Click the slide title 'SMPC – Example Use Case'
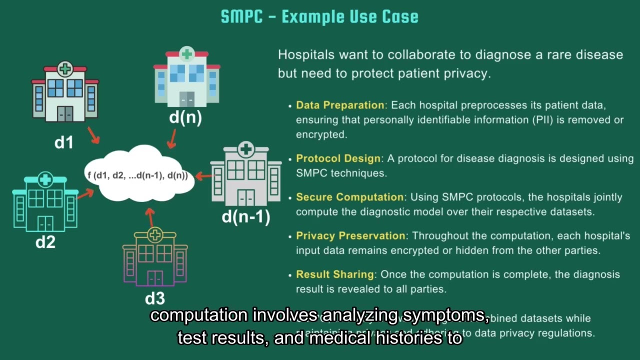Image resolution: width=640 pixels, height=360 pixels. point(319,16)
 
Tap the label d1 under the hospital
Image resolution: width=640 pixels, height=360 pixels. point(64,142)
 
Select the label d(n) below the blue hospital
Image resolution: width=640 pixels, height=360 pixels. point(185,118)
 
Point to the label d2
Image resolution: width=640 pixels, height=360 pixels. point(45,242)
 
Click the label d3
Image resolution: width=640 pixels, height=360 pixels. point(154,298)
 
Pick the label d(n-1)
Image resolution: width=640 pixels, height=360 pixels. point(245,216)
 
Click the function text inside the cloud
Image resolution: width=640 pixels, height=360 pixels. point(137,175)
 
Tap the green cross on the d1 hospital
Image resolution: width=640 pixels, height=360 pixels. point(64,68)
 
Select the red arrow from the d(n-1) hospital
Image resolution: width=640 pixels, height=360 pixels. point(203,175)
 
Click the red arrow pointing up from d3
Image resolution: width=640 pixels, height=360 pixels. point(149,217)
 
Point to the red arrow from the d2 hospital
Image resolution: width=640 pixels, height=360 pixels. point(85,193)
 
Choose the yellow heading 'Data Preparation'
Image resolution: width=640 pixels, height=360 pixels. point(340,105)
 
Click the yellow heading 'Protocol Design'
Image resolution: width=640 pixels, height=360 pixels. point(338,158)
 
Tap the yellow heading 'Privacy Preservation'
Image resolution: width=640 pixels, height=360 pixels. point(350,235)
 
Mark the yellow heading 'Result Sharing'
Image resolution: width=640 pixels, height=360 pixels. point(334,274)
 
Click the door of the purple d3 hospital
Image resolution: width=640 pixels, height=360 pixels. point(155,277)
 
